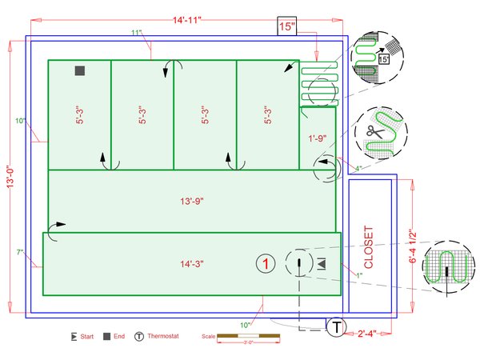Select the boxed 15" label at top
coord(286,26)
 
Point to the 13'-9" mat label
coord(191,202)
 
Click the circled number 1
coord(266,262)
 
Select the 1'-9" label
coord(318,139)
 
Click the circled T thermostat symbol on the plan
coord(338,326)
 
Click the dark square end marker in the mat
coord(79,71)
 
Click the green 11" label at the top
coord(137,33)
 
